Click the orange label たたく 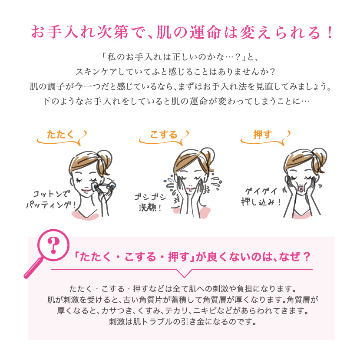coord(60,135)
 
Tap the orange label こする coord(164,135)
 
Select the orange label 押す coord(262,135)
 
